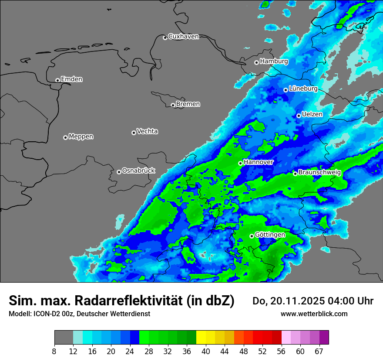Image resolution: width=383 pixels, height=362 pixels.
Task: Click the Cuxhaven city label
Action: [x=183, y=37]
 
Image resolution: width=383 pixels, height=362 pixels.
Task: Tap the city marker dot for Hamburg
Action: [x=257, y=62]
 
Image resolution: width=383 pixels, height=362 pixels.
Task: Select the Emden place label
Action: [x=71, y=79]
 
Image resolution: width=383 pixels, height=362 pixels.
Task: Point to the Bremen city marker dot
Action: [x=173, y=105]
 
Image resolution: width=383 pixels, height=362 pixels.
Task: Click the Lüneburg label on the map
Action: [x=303, y=89]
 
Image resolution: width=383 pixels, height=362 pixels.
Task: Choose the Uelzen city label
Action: [x=312, y=115]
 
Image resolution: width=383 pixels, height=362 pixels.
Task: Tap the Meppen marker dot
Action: [x=65, y=137]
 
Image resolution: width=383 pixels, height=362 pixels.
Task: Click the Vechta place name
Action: [x=147, y=131]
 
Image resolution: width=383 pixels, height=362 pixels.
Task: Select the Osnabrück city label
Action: [x=138, y=171]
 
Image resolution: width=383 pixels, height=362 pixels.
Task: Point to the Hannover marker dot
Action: [x=240, y=163]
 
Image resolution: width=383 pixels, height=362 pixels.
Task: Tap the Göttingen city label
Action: [x=270, y=235]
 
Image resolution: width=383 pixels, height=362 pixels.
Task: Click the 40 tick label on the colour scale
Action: [x=206, y=351]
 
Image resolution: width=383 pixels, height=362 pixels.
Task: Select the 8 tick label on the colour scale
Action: [x=54, y=351]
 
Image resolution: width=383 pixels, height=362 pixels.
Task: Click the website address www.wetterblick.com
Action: [x=314, y=314]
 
